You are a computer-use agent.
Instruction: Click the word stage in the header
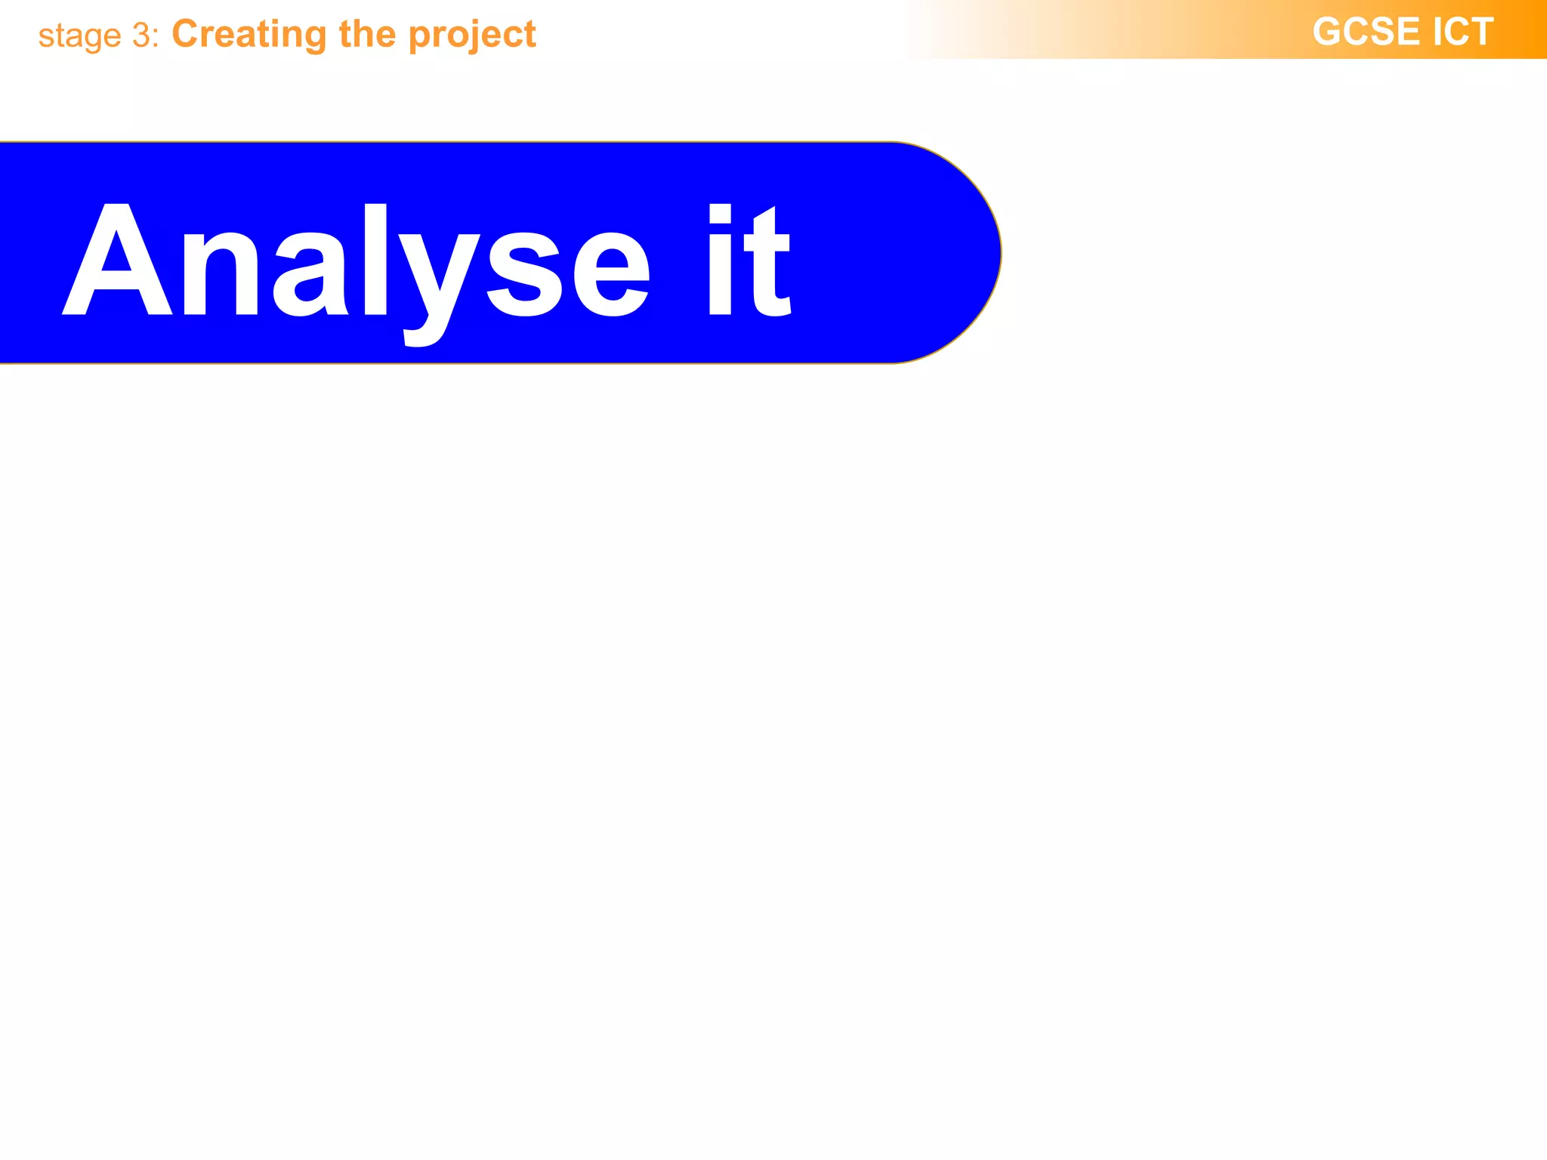click(x=79, y=36)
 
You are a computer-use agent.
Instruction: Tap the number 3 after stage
click(x=142, y=35)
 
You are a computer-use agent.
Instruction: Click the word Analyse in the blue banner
click(x=355, y=261)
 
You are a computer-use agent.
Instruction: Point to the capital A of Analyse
click(x=117, y=261)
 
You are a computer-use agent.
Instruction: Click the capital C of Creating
click(x=187, y=34)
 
